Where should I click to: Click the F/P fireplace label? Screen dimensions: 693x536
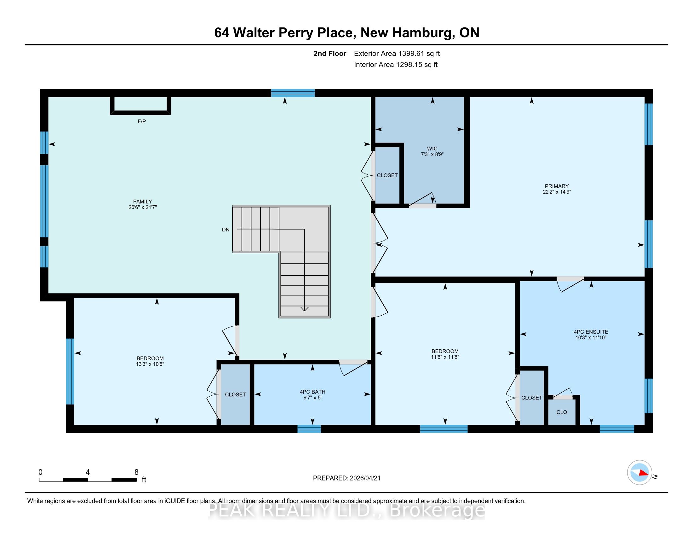[141, 121]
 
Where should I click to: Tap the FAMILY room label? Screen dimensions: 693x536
[142, 201]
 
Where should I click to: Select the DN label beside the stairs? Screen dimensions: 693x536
[226, 230]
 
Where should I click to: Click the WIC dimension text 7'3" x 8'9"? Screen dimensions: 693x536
[432, 154]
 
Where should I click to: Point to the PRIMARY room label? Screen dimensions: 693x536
[557, 186]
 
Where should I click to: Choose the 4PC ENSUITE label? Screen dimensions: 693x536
[591, 332]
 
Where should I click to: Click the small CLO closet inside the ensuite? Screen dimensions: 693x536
[562, 412]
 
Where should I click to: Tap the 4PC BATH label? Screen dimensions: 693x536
[312, 392]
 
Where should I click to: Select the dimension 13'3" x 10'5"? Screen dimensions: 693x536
[150, 364]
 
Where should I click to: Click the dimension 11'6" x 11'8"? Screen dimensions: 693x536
[445, 357]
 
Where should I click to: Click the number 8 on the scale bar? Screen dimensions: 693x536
[136, 472]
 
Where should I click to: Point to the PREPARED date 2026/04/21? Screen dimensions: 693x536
[364, 478]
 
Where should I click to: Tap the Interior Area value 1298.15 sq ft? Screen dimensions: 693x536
[417, 65]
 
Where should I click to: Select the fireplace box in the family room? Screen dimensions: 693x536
[140, 105]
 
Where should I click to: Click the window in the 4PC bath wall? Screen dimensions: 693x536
[309, 429]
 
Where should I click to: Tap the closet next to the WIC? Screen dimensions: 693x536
[387, 175]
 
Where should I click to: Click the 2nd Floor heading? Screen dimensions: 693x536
[330, 54]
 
